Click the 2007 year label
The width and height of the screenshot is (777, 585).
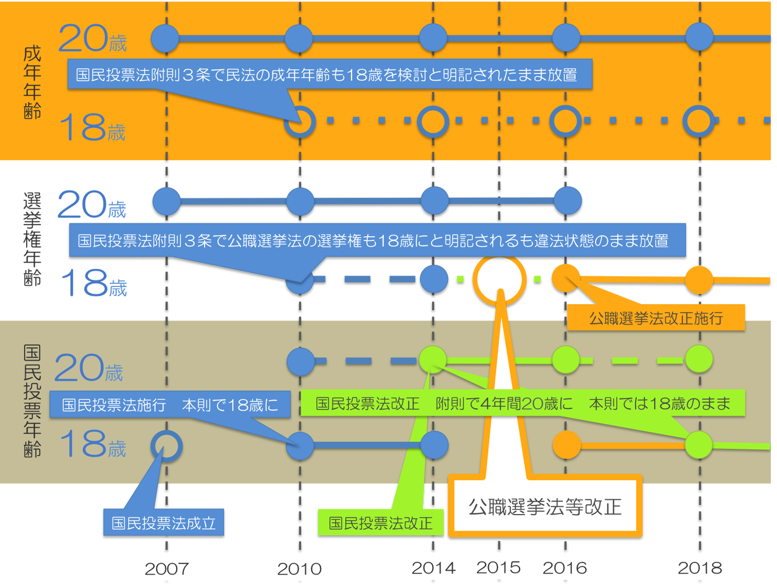coord(166,569)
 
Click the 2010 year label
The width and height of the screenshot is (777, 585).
coord(299,569)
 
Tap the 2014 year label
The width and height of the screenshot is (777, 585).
coord(433,568)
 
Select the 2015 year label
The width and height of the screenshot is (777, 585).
coord(499,567)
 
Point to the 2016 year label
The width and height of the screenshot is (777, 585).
coord(565,568)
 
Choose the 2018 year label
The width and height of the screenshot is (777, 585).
coord(700,568)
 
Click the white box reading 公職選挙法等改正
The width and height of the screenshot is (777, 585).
coord(545,507)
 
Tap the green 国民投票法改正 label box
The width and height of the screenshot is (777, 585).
coord(381,522)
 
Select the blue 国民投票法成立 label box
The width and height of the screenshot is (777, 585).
coord(163,522)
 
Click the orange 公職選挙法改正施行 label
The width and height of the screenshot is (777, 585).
coord(656,318)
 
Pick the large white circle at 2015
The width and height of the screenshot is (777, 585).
coord(499,279)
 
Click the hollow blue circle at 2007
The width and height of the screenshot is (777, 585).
coord(166,447)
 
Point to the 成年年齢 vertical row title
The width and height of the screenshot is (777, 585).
coord(32,82)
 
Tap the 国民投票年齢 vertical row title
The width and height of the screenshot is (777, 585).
coord(32,401)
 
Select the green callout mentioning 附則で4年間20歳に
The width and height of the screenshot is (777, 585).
coord(523,404)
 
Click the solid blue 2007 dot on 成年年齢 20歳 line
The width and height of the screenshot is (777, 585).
coord(165,38)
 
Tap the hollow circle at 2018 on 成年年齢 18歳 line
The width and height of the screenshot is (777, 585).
coord(699,121)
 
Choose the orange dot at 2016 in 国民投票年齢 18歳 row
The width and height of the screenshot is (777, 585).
coord(567,445)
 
